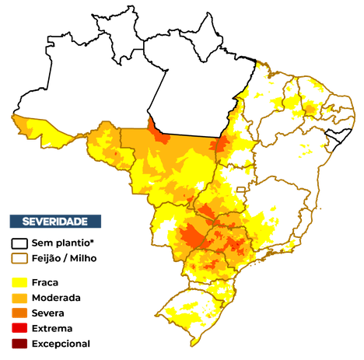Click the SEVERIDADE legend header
(54, 222)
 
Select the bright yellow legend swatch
(19, 282)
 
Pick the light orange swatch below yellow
(19, 298)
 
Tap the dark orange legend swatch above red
(19, 313)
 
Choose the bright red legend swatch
(19, 328)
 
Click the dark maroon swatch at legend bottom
(19, 344)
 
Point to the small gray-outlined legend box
(19, 243)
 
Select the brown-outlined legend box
(19, 257)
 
